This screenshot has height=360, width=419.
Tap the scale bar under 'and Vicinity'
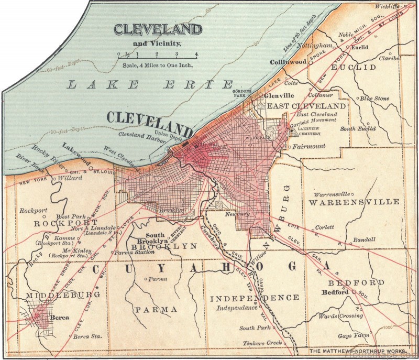[x=157, y=54]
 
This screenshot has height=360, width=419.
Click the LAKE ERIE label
[x=151, y=84]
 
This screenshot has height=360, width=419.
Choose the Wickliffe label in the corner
[x=388, y=6]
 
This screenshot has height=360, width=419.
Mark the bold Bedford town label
[x=335, y=292]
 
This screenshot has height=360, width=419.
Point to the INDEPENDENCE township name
[x=255, y=298]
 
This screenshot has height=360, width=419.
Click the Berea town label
[x=58, y=317]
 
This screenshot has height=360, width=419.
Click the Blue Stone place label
[x=374, y=98]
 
